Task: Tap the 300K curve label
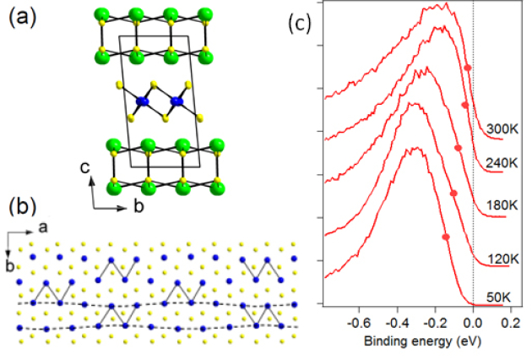click(502, 128)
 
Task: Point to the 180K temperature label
click(502, 205)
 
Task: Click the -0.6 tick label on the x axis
click(359, 321)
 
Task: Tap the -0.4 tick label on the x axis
click(397, 321)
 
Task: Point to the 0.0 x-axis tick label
click(474, 321)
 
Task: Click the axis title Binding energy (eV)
click(417, 344)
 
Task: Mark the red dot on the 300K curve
click(468, 67)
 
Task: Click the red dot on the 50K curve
click(446, 236)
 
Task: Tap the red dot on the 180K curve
click(459, 148)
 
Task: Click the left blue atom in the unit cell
click(142, 101)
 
